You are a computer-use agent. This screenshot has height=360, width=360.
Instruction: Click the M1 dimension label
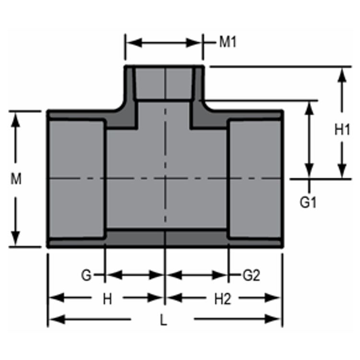[228, 42]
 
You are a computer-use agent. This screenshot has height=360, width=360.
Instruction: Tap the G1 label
[308, 203]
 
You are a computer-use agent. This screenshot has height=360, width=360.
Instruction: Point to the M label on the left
[16, 179]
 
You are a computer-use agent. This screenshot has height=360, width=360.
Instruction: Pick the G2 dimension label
[251, 276]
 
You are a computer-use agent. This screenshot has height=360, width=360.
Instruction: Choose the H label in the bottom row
[108, 299]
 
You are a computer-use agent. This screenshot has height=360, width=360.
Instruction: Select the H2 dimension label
[223, 299]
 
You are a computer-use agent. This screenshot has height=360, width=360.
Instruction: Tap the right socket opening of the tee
[254, 179]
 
